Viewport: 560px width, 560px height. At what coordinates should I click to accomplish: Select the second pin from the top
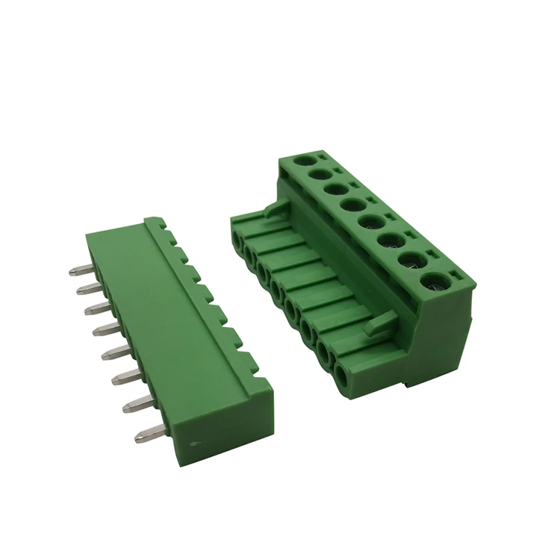[87, 288]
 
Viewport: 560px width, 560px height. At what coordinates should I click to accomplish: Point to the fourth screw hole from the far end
[353, 203]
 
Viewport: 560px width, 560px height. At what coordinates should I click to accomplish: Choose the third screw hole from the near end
[391, 241]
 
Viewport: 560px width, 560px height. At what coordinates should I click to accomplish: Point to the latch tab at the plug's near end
[376, 323]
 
